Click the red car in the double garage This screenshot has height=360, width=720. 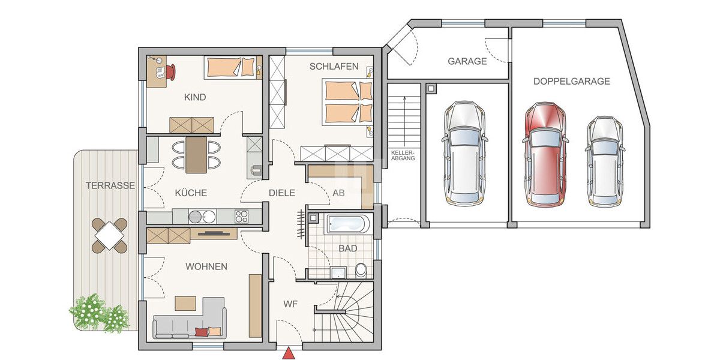(x=545, y=155)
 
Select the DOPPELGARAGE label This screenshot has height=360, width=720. (x=571, y=81)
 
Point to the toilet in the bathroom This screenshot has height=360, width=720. (x=361, y=270)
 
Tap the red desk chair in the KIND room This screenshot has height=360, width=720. (x=171, y=71)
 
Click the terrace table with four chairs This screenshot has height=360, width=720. (x=110, y=235)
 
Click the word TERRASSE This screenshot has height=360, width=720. (x=109, y=185)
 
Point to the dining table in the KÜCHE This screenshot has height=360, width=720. (x=196, y=155)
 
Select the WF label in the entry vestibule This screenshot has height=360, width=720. (x=291, y=304)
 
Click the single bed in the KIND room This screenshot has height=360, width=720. (x=230, y=67)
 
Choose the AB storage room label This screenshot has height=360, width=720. (x=338, y=193)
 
